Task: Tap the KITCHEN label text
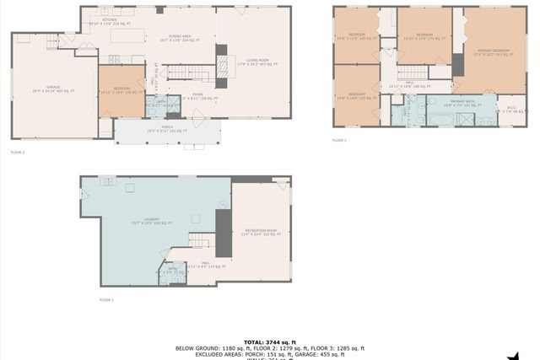110,19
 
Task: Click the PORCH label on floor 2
167,130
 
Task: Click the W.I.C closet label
510,108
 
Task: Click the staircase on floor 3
415,73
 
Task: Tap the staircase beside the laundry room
198,242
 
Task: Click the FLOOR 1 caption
106,299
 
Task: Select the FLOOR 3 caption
339,140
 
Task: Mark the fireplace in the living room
223,66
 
